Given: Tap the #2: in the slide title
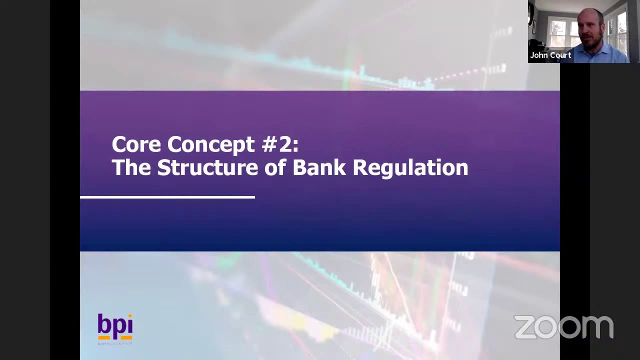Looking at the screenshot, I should pyautogui.click(x=279, y=145).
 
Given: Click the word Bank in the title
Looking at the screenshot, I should pyautogui.click(x=319, y=168).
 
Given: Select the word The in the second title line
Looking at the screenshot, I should pyautogui.click(x=131, y=168).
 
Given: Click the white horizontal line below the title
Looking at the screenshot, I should pyautogui.click(x=167, y=197).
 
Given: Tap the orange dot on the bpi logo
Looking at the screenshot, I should pyautogui.click(x=129, y=316).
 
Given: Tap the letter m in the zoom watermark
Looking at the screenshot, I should pyautogui.click(x=597, y=327).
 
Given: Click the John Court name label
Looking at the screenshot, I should pyautogui.click(x=550, y=55).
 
